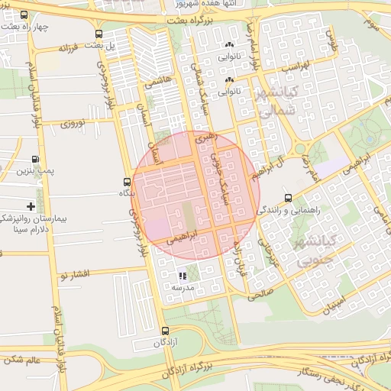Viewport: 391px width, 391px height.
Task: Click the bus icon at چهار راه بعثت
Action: point(24,15)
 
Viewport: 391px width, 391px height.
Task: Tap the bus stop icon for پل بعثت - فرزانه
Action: point(99,34)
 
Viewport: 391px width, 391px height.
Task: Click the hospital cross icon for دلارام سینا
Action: point(31,206)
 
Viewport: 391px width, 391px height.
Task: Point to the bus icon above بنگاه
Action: point(126,182)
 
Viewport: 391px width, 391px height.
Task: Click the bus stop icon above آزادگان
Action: point(166,331)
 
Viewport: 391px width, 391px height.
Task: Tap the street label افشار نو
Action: point(76,273)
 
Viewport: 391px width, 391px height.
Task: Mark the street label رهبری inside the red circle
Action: point(206,138)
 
